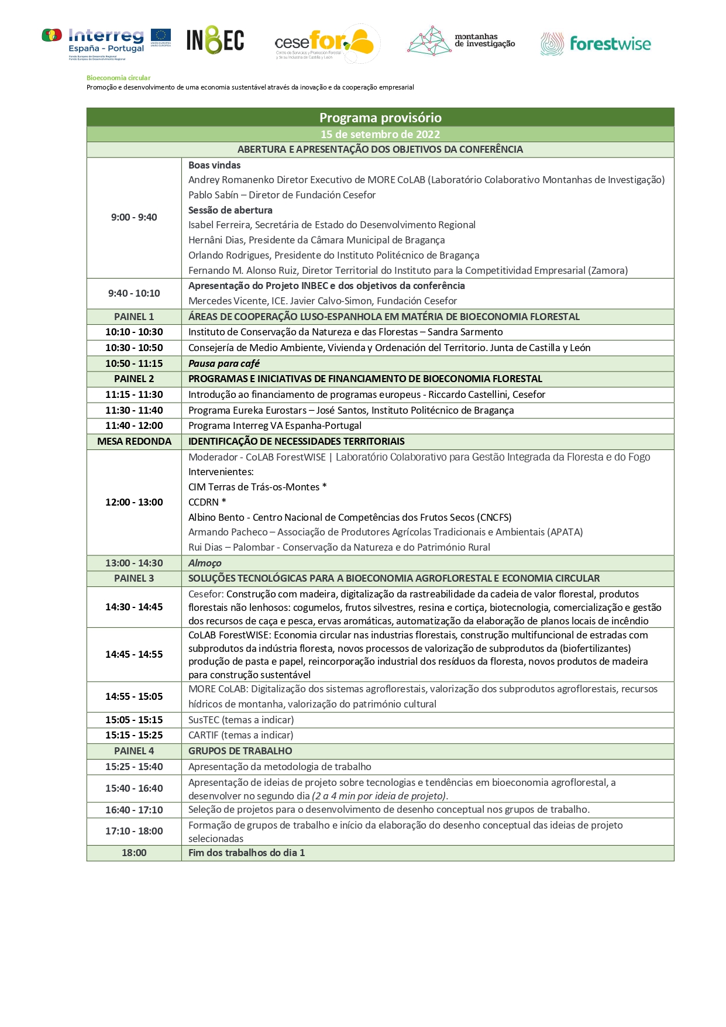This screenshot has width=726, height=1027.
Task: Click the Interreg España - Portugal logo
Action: coord(106,43)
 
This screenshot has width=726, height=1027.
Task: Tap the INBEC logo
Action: coord(215,41)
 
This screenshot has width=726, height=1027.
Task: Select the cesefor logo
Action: coord(326,43)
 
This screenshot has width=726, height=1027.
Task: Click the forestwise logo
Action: coord(596,44)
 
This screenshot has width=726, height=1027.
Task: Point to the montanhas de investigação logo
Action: coord(462,41)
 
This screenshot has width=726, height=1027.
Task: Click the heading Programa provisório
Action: coord(380,118)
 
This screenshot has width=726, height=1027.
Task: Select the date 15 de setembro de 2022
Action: coord(380,134)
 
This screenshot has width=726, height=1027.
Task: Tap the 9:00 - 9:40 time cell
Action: coord(134,217)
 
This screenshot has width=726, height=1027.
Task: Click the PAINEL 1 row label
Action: coord(134,317)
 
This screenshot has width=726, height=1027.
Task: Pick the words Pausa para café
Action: coord(224,363)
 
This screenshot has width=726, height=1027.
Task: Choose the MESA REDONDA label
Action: coord(134,441)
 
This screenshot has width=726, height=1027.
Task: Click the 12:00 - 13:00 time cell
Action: coord(134,502)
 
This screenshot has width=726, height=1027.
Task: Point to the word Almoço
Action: coord(205,563)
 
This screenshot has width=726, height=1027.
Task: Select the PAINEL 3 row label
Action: coord(134,578)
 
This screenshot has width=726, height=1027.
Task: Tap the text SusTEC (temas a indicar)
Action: coord(241,720)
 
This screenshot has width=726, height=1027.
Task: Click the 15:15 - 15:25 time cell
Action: coord(134,735)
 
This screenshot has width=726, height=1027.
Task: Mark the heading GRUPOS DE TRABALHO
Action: coord(240,751)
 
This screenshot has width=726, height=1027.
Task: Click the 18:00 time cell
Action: coord(134,853)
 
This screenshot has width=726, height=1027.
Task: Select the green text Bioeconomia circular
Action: coord(118,78)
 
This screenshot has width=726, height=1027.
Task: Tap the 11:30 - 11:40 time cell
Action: coord(134,410)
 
